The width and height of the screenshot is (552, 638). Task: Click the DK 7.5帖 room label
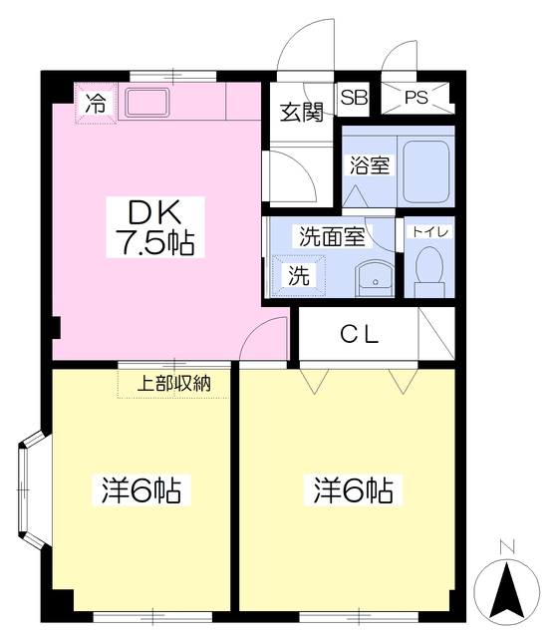pos(155,227)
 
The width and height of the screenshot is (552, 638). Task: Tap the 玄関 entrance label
pos(302,112)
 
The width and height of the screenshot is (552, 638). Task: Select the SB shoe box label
pos(354,97)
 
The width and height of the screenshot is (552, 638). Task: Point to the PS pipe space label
pos(416,98)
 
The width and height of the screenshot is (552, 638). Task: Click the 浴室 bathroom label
pos(370,165)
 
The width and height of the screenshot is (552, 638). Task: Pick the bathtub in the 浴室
pos(425,172)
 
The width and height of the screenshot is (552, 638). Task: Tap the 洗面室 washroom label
pos(332,236)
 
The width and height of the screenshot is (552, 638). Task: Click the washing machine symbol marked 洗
pos(299,275)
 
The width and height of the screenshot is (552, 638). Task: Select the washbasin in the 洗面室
pos(375,278)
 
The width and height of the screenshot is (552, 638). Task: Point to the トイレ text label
pos(430,232)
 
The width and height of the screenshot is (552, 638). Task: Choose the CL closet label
pos(359,335)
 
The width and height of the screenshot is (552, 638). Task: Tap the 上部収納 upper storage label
pos(174,383)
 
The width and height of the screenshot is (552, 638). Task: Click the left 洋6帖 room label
pos(141,489)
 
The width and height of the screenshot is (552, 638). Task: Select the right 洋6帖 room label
pos(353,489)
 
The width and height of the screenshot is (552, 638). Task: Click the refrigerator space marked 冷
pos(96,104)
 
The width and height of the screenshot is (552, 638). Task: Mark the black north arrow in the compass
pos(507,589)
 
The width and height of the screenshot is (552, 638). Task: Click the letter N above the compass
pos(507,546)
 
